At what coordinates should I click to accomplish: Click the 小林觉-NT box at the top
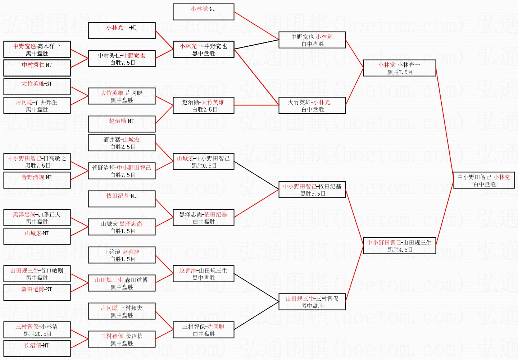pyautogui.click(x=203, y=12)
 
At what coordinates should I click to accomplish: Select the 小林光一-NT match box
pyautogui.click(x=122, y=31)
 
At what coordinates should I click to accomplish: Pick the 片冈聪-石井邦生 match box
pyautogui.click(x=37, y=105)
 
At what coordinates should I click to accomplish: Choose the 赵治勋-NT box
pyautogui.click(x=122, y=124)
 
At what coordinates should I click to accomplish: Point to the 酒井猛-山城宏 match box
pyautogui.click(x=122, y=143)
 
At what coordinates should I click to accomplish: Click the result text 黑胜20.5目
pyautogui.click(x=37, y=334)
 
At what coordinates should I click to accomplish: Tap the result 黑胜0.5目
pyautogui.click(x=204, y=165)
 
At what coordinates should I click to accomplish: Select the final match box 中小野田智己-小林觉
pyautogui.click(x=484, y=180)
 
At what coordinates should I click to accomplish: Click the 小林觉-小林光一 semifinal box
pyautogui.click(x=399, y=68)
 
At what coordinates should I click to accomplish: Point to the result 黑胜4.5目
pyautogui.click(x=400, y=250)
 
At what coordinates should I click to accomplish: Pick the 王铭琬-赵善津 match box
pyautogui.click(x=122, y=255)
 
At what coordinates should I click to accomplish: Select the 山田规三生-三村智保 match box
pyautogui.click(x=312, y=302)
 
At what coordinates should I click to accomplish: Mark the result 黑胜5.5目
pyautogui.click(x=313, y=193)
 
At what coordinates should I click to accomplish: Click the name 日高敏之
pyautogui.click(x=54, y=158)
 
